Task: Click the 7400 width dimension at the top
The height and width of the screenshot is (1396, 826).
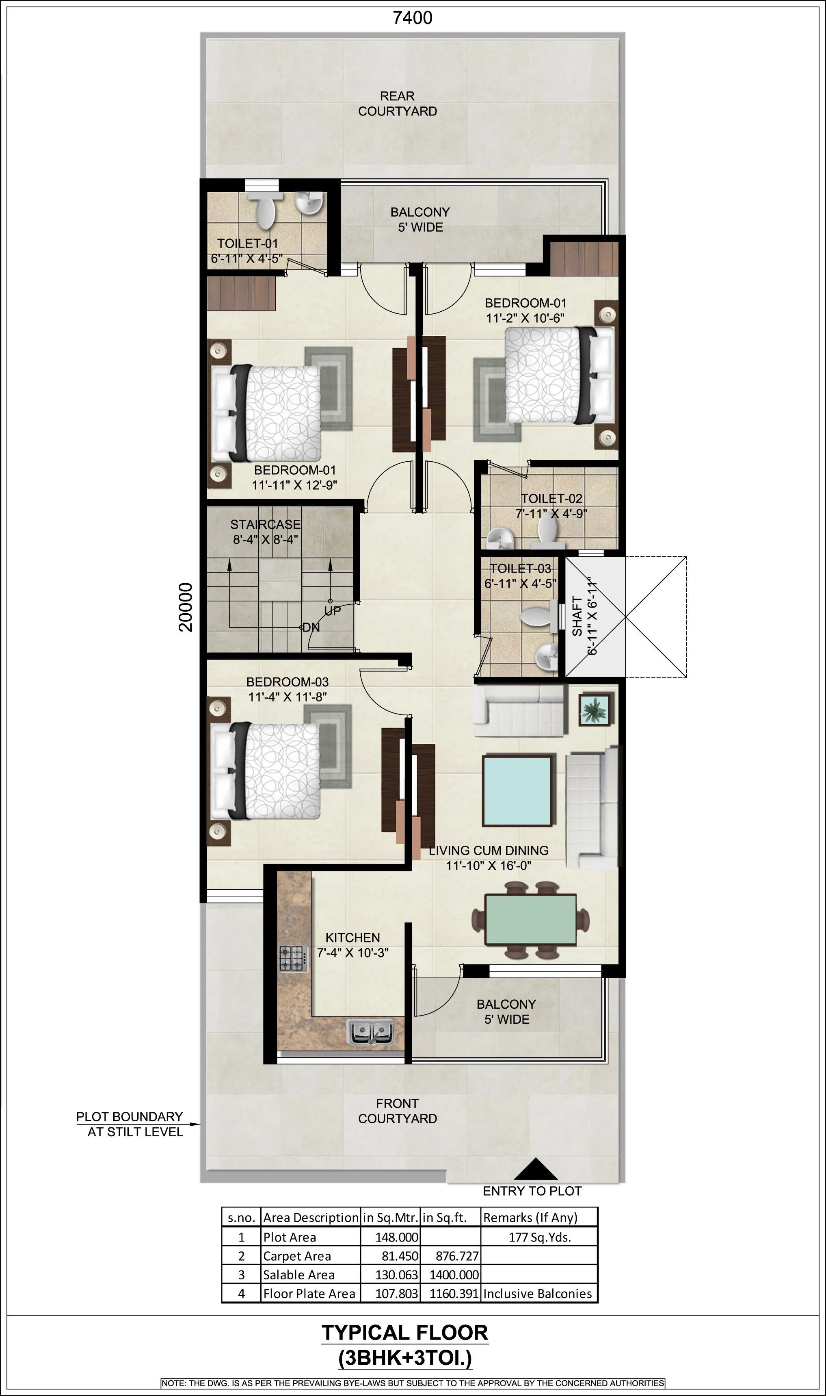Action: (x=413, y=18)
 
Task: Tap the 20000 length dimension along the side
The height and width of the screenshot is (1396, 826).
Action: (x=186, y=607)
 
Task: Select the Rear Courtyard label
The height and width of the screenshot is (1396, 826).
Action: (x=398, y=104)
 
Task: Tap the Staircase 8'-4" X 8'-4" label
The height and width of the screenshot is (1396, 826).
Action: (x=266, y=532)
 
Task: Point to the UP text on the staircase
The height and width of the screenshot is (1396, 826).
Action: (x=332, y=611)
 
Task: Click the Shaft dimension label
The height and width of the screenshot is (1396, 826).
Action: (x=584, y=617)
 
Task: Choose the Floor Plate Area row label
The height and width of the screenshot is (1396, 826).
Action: (x=309, y=1294)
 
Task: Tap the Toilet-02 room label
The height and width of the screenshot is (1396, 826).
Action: (x=551, y=506)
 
